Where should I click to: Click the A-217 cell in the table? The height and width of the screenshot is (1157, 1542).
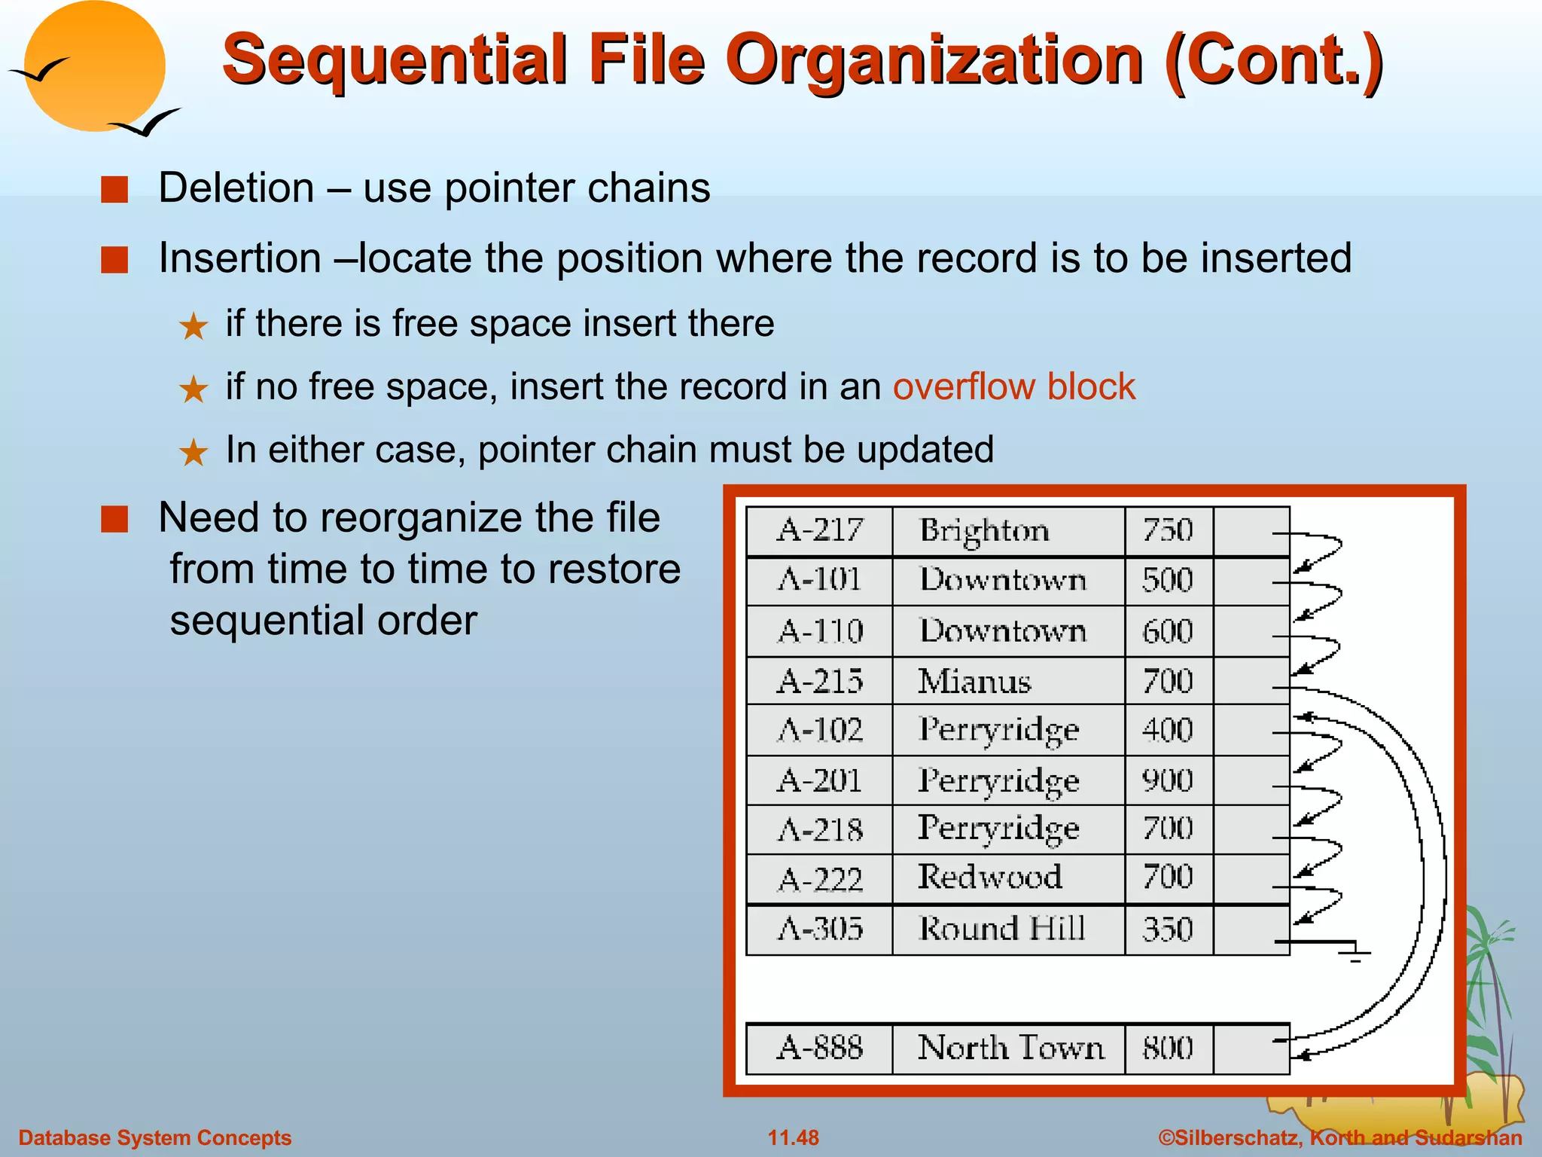click(x=820, y=531)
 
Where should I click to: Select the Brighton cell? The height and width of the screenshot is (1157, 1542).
click(x=984, y=531)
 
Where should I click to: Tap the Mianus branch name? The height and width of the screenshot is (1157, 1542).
click(x=974, y=682)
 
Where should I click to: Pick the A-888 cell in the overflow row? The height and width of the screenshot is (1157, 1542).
click(x=820, y=1048)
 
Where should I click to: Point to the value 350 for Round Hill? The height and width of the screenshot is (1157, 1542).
click(x=1168, y=930)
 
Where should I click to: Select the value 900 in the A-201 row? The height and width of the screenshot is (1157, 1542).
click(x=1168, y=780)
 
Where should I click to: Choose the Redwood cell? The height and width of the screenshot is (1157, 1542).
click(x=990, y=878)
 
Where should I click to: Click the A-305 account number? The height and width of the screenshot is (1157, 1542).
click(x=820, y=930)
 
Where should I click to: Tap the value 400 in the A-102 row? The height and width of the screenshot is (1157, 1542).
click(x=1168, y=730)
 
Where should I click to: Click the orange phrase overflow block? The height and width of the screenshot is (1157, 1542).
click(x=1013, y=387)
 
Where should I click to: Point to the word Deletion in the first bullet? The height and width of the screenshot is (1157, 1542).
click(x=236, y=188)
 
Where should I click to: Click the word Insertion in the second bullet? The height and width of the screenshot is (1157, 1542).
click(x=240, y=258)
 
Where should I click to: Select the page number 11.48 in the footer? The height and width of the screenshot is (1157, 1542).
click(x=793, y=1137)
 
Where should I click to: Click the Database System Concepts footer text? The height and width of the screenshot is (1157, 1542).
click(x=155, y=1137)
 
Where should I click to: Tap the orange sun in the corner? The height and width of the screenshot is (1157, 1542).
click(x=94, y=66)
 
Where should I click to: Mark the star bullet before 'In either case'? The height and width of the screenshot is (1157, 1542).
click(x=194, y=452)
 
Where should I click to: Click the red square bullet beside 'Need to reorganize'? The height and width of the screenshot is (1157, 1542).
click(x=114, y=519)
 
